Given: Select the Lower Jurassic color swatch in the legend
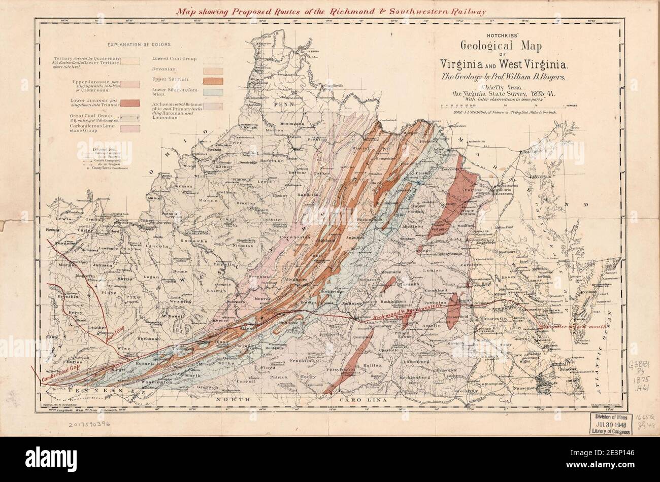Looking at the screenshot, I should (132, 105).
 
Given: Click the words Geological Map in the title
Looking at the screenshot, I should (501, 46).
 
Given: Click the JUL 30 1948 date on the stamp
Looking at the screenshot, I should (610, 423).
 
